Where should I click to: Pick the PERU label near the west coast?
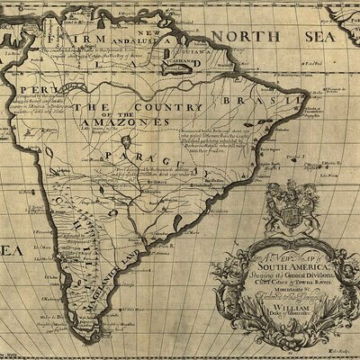tap(24, 92)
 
